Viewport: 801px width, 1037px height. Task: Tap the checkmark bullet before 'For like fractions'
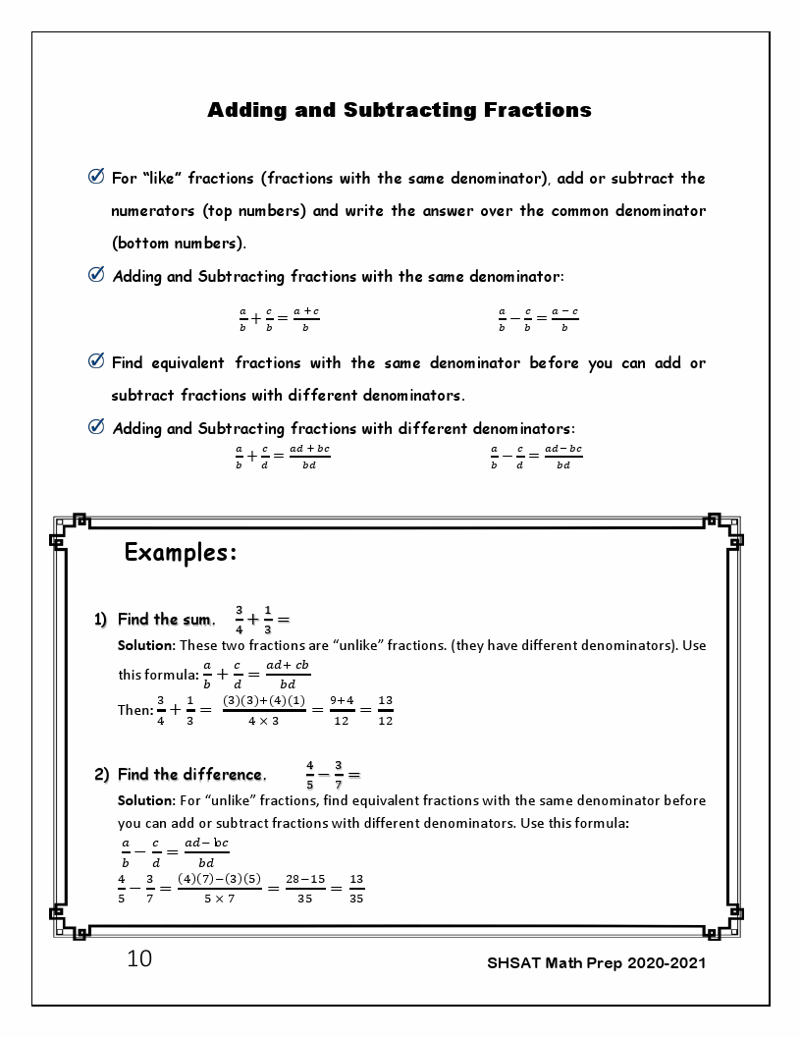click(x=96, y=178)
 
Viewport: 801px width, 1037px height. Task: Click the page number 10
click(x=139, y=959)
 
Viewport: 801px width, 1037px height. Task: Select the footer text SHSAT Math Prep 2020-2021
click(x=596, y=962)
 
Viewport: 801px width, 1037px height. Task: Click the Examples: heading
click(x=181, y=553)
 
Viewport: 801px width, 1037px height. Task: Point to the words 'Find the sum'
click(x=164, y=620)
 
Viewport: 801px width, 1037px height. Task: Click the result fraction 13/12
click(x=385, y=710)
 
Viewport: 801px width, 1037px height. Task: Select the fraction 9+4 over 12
click(x=341, y=710)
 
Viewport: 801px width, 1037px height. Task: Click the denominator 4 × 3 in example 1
click(x=263, y=721)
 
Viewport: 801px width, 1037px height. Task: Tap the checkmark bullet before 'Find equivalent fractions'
click(x=96, y=362)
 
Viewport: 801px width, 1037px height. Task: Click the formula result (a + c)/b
click(x=306, y=319)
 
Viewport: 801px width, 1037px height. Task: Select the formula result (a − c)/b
click(x=564, y=319)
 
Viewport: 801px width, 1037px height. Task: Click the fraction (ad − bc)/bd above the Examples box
click(x=563, y=457)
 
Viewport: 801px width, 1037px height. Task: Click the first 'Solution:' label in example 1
click(x=145, y=646)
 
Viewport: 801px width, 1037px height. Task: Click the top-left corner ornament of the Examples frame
click(x=67, y=527)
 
